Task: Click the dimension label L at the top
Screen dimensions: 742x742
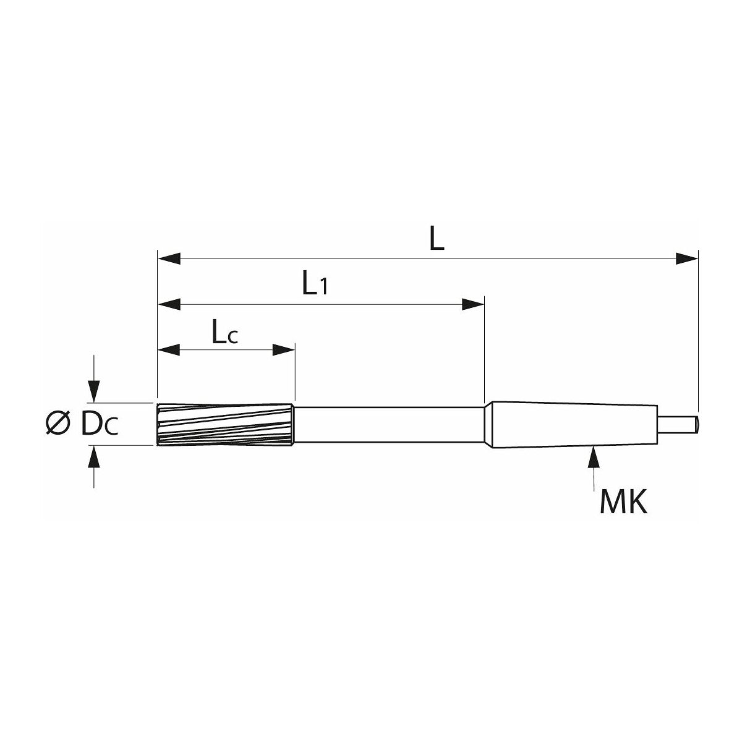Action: (x=437, y=238)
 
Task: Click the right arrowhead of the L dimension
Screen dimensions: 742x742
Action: (x=686, y=258)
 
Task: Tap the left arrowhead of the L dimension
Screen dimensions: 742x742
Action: (x=169, y=258)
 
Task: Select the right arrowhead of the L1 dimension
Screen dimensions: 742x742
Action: (x=473, y=305)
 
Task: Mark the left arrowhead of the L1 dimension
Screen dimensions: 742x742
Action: (x=169, y=305)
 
